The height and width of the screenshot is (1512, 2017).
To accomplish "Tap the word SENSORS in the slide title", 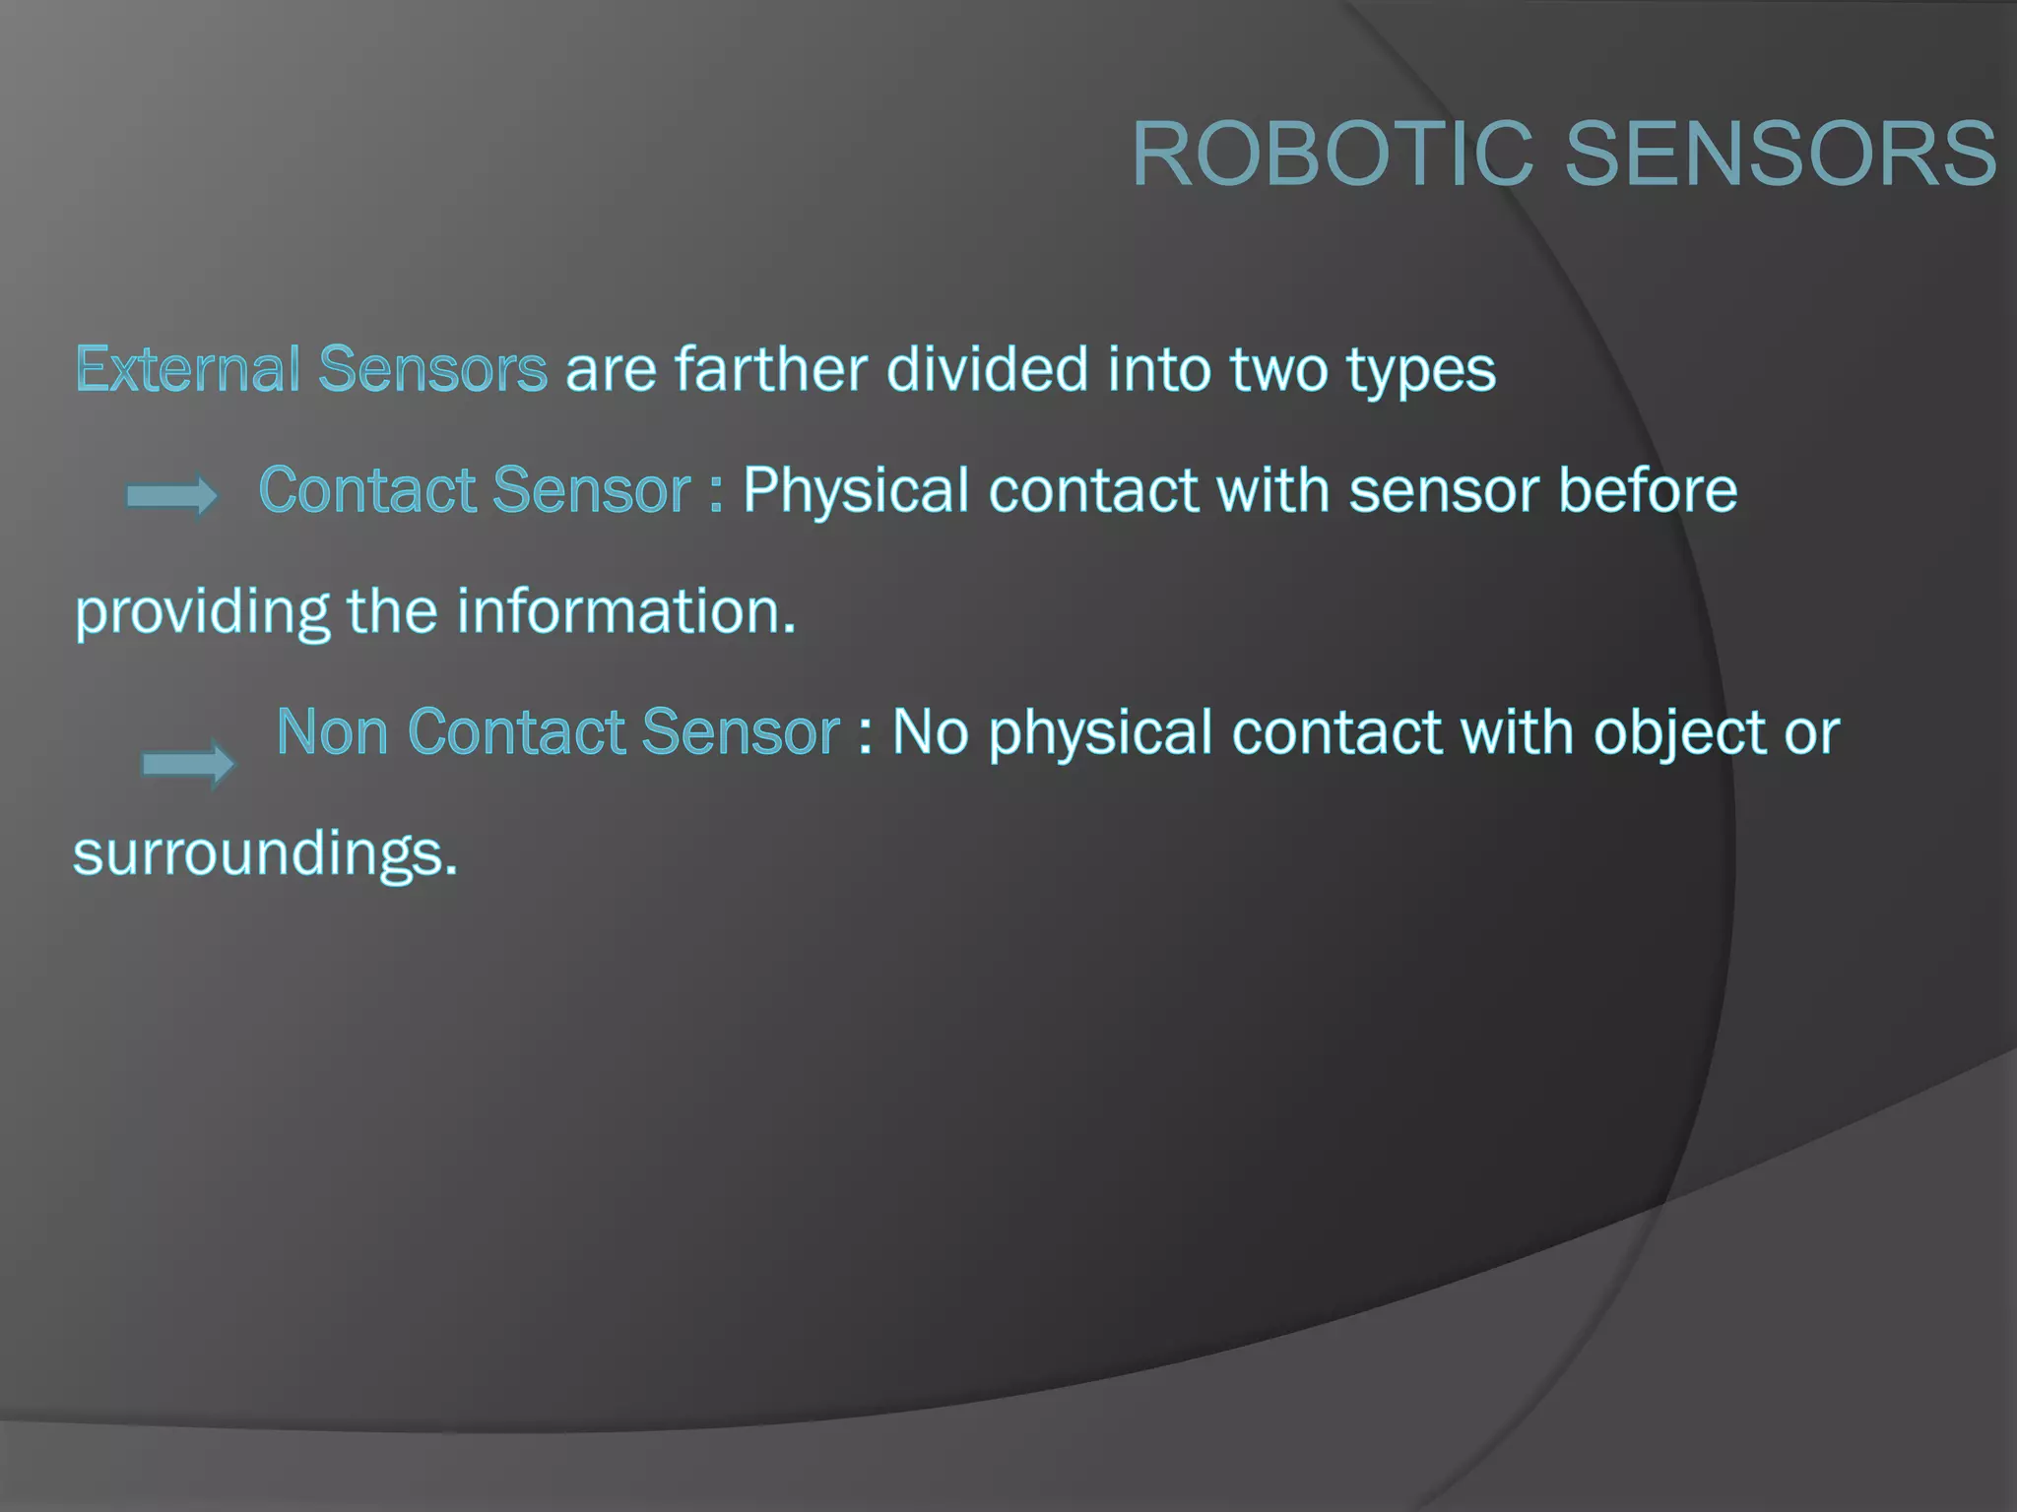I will [1781, 154].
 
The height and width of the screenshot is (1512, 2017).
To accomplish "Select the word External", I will [188, 369].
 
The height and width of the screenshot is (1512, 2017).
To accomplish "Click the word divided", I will [988, 369].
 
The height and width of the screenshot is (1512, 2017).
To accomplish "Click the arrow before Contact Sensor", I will [172, 496].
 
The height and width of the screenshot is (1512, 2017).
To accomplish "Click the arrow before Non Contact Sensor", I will [188, 763].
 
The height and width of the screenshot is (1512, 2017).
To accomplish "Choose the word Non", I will [332, 732].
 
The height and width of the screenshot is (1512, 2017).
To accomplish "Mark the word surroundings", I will [265, 855].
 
